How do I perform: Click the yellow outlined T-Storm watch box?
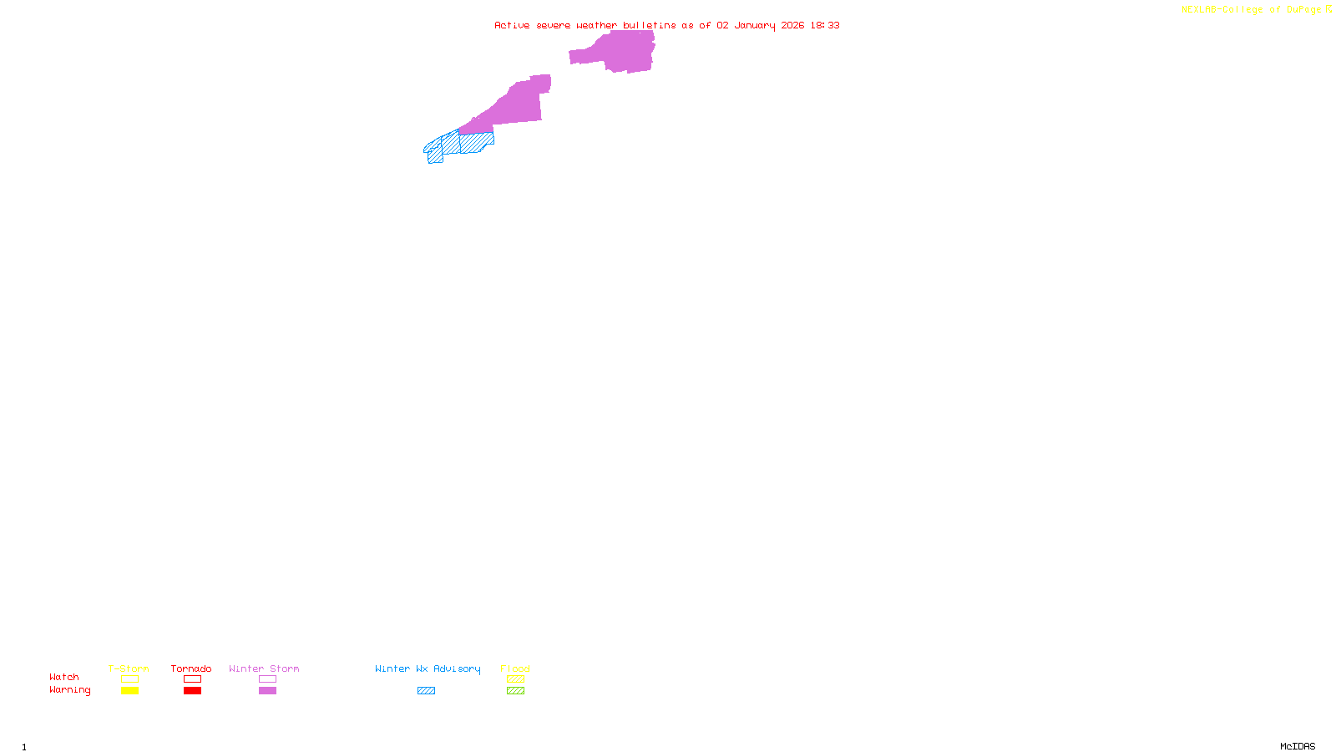pyautogui.click(x=129, y=679)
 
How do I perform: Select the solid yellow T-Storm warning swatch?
pyautogui.click(x=129, y=691)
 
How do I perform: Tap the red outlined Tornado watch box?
pyautogui.click(x=192, y=679)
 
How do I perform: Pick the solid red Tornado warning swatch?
pyautogui.click(x=192, y=691)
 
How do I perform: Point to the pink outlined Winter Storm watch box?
pyautogui.click(x=267, y=679)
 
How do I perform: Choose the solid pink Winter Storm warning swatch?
pyautogui.click(x=267, y=691)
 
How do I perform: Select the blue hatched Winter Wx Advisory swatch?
pyautogui.click(x=426, y=691)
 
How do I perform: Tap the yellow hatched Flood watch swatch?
pyautogui.click(x=515, y=679)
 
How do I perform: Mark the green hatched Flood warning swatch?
pyautogui.click(x=515, y=691)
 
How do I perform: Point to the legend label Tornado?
pyautogui.click(x=191, y=668)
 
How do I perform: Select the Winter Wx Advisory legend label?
pyautogui.click(x=428, y=668)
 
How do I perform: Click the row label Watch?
pyautogui.click(x=64, y=677)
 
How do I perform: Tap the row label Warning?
pyautogui.click(x=70, y=690)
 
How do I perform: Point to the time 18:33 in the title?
pyautogui.click(x=825, y=25)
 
